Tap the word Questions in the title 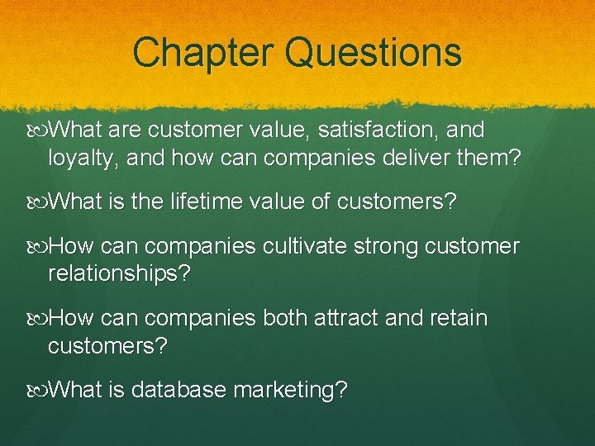tap(374, 52)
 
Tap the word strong tap(396, 247)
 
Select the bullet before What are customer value tap(41, 130)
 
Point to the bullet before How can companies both tap(41, 318)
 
